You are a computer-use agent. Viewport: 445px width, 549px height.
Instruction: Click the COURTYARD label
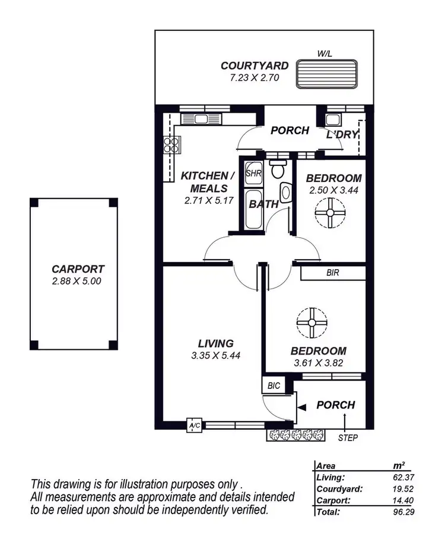coord(255,66)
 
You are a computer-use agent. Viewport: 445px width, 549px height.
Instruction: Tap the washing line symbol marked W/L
coord(328,74)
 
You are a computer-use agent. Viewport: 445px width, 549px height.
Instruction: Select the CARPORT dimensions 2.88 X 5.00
coord(77,282)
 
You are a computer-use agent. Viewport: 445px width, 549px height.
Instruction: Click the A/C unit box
coord(194,426)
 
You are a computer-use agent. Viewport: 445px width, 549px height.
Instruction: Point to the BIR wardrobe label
coord(333,273)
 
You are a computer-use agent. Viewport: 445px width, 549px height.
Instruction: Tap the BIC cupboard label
coord(274,385)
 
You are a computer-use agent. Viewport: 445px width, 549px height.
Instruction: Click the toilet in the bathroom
coord(276,170)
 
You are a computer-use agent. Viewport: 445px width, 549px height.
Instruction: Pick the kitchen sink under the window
coord(201,119)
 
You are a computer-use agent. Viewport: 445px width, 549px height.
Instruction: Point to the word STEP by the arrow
coord(347,438)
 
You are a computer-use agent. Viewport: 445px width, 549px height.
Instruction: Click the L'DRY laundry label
coord(342,135)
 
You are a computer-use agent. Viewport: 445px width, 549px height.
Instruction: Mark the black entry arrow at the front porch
coord(301,407)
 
